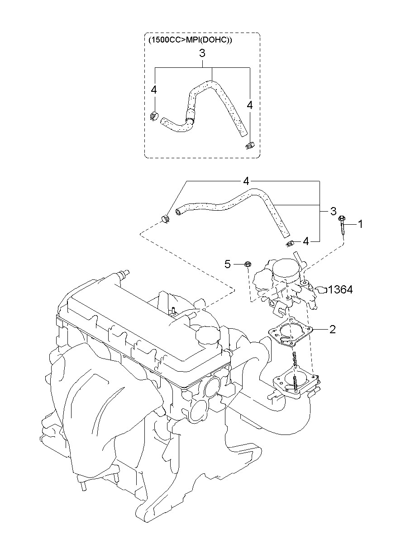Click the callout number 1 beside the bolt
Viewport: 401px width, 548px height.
coord(360,224)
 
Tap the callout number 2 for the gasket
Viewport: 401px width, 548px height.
coord(332,330)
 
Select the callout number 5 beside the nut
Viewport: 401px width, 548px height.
coord(228,264)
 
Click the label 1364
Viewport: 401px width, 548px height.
coord(340,290)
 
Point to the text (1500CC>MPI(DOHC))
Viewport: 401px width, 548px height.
coord(190,40)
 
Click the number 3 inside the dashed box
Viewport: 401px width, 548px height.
coord(202,53)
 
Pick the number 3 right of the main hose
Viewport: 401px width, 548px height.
coord(333,211)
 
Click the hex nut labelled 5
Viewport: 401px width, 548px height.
coord(247,264)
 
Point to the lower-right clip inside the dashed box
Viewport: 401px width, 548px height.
coord(249,146)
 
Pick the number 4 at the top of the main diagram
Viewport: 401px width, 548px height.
coord(246,181)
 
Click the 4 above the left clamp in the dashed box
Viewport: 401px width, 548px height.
coord(154,90)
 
